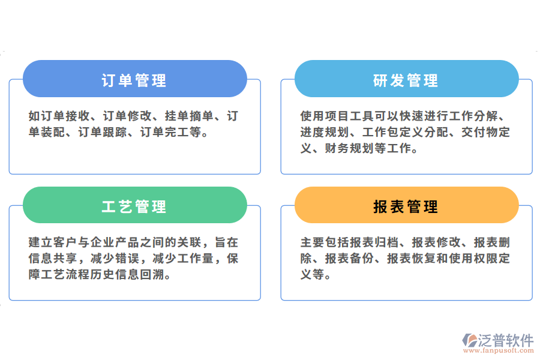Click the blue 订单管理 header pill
(134, 79)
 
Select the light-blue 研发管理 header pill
(406, 79)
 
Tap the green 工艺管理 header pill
(134, 206)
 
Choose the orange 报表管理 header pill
(406, 206)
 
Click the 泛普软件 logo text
(505, 340)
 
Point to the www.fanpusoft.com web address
(498, 351)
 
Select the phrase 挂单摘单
(190, 116)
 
